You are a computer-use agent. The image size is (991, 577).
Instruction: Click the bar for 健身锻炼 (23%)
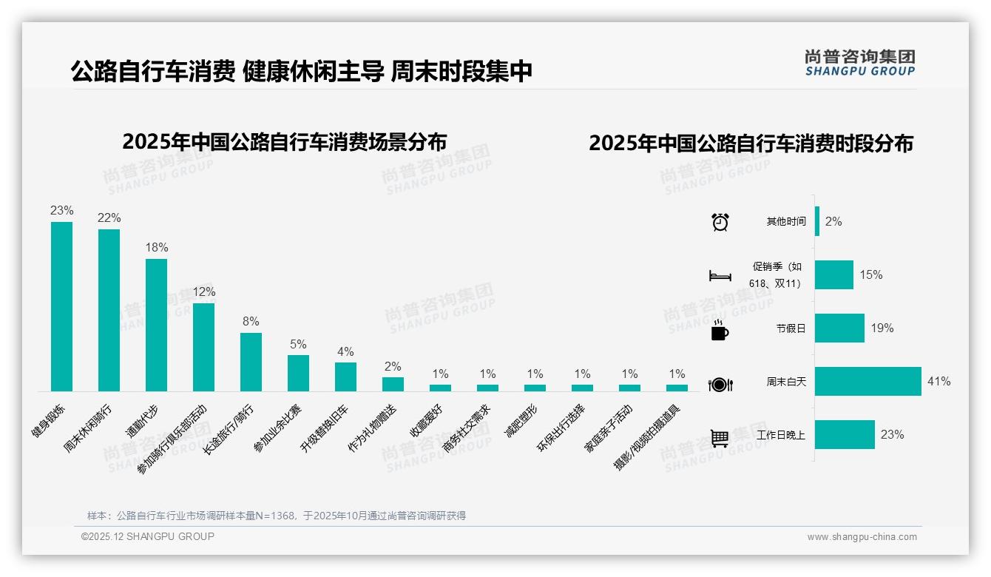pyautogui.click(x=61, y=306)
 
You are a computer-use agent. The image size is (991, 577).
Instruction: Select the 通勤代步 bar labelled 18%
pyautogui.click(x=156, y=325)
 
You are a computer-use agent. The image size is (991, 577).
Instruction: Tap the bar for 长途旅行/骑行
pyautogui.click(x=251, y=362)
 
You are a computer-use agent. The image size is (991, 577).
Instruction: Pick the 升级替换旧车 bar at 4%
pyautogui.click(x=345, y=377)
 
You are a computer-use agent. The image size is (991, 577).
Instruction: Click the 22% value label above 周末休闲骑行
pyautogui.click(x=109, y=217)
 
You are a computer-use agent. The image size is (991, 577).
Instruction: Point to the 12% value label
pyautogui.click(x=203, y=291)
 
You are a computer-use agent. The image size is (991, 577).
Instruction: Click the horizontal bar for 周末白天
pyautogui.click(x=868, y=382)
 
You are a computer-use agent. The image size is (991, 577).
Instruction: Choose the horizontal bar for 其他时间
pyautogui.click(x=817, y=221)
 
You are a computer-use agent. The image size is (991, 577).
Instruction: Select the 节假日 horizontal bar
pyautogui.click(x=839, y=328)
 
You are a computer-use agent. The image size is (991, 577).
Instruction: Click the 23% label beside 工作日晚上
pyautogui.click(x=892, y=435)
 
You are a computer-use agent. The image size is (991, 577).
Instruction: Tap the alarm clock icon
pyautogui.click(x=720, y=222)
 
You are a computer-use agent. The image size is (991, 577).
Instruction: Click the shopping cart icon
pyautogui.click(x=720, y=438)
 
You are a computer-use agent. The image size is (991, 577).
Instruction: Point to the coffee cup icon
pyautogui.click(x=720, y=331)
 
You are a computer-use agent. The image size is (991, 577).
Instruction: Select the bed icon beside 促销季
pyautogui.click(x=720, y=276)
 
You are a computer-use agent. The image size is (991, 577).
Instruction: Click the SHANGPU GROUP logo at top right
pyautogui.click(x=859, y=63)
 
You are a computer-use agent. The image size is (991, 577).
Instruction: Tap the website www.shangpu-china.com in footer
pyautogui.click(x=862, y=537)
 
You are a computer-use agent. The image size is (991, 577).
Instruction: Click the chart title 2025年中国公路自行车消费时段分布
pyautogui.click(x=751, y=143)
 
